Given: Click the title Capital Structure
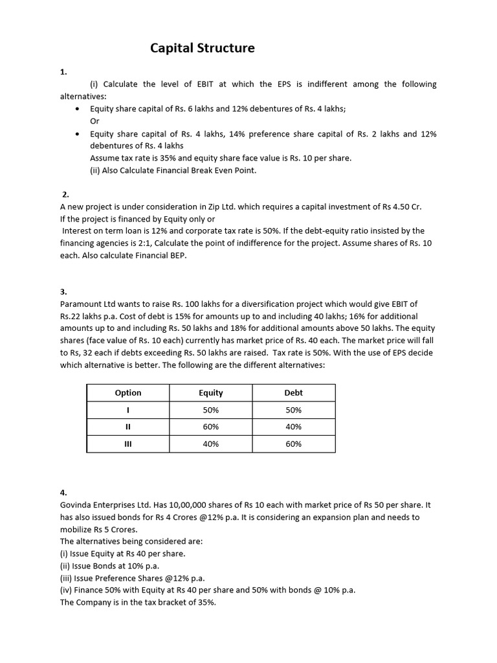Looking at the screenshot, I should point(203,48).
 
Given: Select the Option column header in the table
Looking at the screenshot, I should point(127,392).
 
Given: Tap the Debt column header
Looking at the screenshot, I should point(293,392).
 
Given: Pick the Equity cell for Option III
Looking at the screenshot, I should point(210,444).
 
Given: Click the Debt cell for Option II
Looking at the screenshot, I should point(293,427).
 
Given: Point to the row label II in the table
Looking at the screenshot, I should point(127,427).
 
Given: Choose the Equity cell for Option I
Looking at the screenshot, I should point(210,410).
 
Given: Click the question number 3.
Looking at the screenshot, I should point(63,292).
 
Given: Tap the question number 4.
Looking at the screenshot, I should point(63,493).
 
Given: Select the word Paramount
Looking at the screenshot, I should point(82,304).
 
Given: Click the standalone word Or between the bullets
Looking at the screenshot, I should point(95,121).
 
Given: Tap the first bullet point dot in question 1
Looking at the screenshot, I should point(78,109).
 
